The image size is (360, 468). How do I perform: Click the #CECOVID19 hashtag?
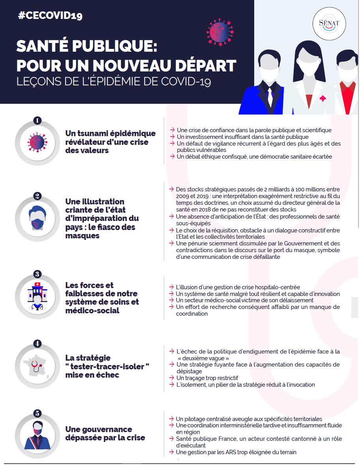50,15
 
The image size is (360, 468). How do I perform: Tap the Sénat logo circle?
329,24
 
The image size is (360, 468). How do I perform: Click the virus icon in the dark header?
220,32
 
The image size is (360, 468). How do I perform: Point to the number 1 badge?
37,120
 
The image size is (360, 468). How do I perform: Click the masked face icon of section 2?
37,218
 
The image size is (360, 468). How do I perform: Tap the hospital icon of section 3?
37,296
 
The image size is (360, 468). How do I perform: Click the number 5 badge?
37,414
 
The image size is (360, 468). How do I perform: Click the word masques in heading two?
82,236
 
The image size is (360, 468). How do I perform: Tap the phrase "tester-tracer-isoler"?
107,366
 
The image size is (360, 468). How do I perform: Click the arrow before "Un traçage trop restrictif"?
172,378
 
